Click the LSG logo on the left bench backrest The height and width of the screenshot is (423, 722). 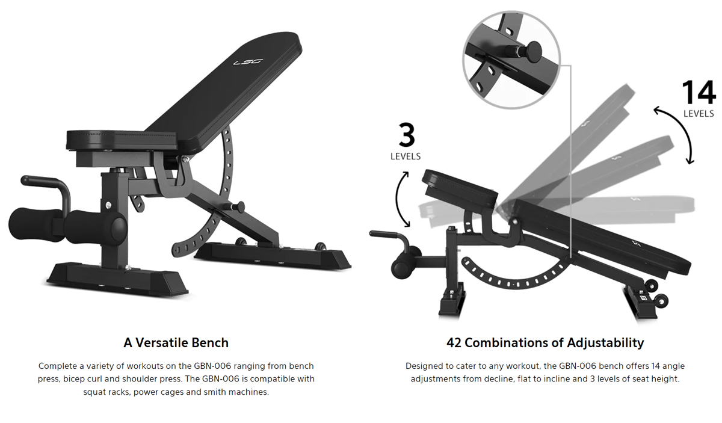[x=248, y=61]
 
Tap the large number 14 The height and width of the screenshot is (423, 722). [x=699, y=92]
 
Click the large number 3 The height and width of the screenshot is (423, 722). [x=407, y=135]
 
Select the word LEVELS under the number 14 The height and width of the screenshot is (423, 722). [x=699, y=114]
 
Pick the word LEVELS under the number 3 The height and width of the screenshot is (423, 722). [x=406, y=156]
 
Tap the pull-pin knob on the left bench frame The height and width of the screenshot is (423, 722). [x=239, y=207]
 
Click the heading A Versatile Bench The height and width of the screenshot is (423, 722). [x=176, y=343]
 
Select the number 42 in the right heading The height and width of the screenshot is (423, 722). [x=454, y=343]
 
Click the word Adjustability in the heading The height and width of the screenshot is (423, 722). [x=605, y=343]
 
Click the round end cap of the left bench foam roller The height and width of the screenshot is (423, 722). [x=119, y=227]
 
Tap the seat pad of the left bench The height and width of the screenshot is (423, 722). [x=122, y=140]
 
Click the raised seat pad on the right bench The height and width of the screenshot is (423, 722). [x=460, y=188]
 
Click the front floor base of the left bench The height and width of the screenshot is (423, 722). [x=118, y=279]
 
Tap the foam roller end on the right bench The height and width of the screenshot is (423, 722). [x=403, y=268]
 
